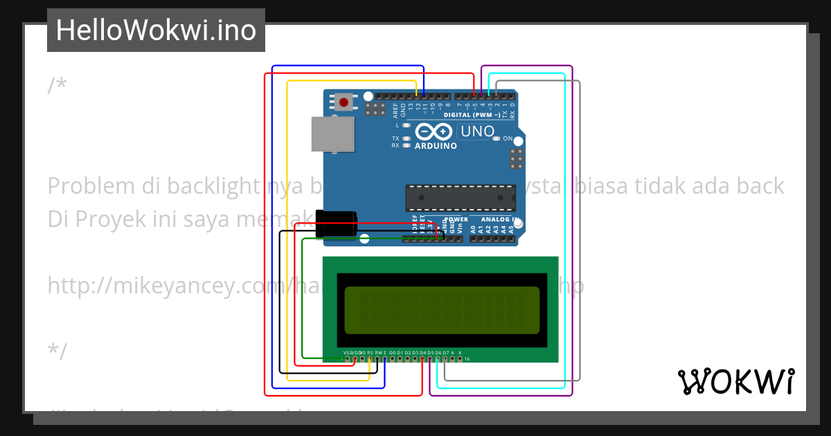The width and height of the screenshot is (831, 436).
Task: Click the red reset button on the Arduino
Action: click(x=343, y=102)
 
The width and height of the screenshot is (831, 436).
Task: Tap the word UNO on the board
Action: click(x=477, y=131)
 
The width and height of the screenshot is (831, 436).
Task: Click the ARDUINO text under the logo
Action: click(x=436, y=146)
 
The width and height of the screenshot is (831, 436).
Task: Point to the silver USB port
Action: click(x=332, y=134)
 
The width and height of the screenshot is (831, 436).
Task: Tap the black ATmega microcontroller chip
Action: click(x=460, y=197)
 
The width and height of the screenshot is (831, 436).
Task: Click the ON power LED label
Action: click(x=508, y=138)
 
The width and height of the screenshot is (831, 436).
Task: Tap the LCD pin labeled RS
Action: click(x=370, y=354)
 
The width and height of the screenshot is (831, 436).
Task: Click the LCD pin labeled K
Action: click(x=460, y=354)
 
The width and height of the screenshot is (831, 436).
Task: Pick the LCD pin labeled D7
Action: click(x=445, y=354)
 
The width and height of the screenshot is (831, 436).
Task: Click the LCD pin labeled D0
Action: click(x=393, y=354)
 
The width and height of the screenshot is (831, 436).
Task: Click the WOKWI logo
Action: click(x=735, y=382)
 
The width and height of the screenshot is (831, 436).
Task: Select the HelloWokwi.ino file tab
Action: click(x=156, y=30)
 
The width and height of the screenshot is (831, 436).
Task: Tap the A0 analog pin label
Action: click(x=473, y=228)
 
